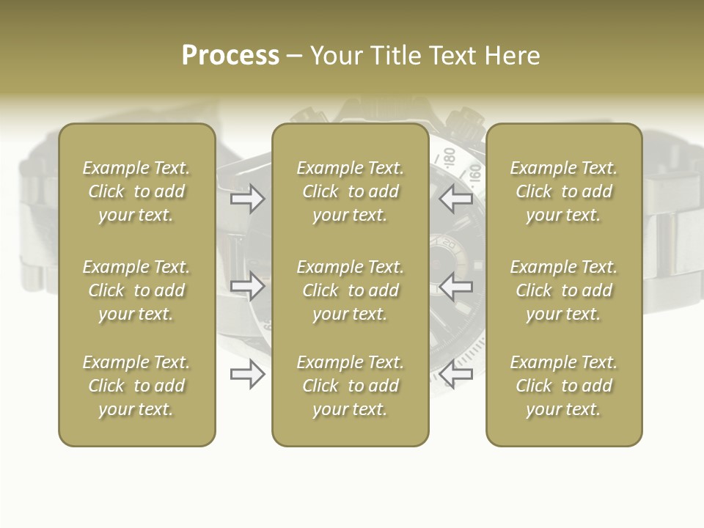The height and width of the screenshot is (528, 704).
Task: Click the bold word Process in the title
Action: coord(230,56)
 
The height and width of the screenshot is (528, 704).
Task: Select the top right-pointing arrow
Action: coord(247,199)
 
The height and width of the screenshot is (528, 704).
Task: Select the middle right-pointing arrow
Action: coord(247,286)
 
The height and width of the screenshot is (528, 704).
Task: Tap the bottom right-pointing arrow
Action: coord(247,375)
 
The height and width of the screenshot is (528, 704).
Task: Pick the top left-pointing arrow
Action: coord(456,199)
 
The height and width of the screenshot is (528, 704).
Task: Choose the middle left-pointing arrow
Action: coord(456,286)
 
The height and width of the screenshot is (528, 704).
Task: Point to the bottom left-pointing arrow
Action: coord(456,375)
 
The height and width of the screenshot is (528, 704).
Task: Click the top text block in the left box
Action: coord(136,191)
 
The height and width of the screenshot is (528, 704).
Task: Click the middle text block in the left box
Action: coord(136,290)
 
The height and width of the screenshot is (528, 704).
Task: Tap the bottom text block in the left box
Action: coord(136,386)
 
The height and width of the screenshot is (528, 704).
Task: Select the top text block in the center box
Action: coord(350,191)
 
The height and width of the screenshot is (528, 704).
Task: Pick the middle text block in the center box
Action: coord(350,290)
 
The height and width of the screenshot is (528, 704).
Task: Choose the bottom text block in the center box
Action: coord(350,386)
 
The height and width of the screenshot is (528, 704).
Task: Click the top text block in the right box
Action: coord(563,191)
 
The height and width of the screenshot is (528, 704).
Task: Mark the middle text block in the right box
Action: coord(563,290)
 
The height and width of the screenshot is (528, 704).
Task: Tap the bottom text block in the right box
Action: coord(563,386)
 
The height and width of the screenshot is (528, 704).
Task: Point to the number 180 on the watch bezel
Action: coord(448,156)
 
